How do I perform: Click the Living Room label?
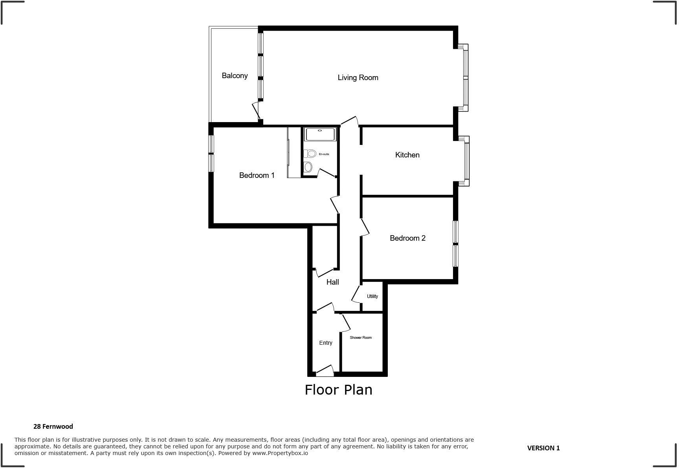[x=358, y=78]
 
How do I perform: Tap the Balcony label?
[x=235, y=76]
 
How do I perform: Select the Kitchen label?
[x=407, y=155]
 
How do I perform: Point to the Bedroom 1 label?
[x=257, y=175]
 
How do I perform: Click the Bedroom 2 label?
[x=407, y=238]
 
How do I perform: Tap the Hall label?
[x=332, y=282]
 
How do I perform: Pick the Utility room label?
[x=372, y=296]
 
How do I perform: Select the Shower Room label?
[x=360, y=338]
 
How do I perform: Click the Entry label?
[x=325, y=343]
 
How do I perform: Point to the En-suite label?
[x=324, y=154]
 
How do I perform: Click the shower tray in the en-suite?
[x=320, y=134]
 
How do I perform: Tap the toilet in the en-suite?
[x=310, y=154]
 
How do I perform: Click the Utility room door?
[x=356, y=294]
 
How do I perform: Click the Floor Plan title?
[x=338, y=390]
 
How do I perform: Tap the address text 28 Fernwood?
[x=53, y=426]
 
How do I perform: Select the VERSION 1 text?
[x=543, y=448]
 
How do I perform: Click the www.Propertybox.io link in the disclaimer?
[x=280, y=453]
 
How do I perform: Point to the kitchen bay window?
[x=466, y=161]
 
